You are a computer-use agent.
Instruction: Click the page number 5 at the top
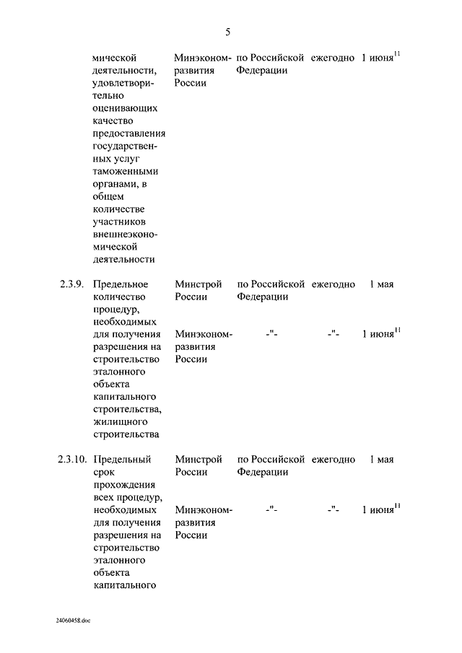(x=227, y=32)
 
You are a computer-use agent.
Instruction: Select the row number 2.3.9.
(x=71, y=284)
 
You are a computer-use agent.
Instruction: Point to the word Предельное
(x=121, y=284)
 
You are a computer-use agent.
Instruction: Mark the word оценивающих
(x=125, y=108)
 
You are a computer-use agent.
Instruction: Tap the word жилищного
(x=121, y=421)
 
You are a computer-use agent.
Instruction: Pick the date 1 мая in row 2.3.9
(x=381, y=284)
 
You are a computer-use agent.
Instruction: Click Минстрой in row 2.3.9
(x=198, y=284)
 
